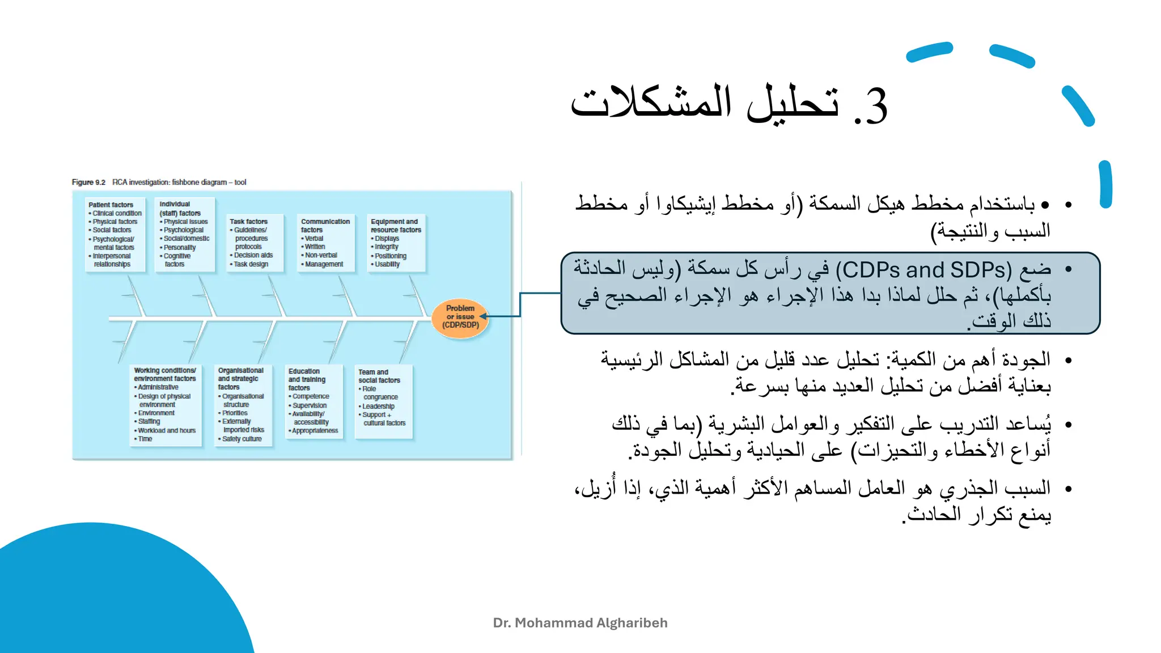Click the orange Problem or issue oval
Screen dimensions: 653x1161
tap(460, 317)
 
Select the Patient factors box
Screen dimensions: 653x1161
tap(115, 235)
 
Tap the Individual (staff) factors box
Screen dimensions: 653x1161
tap(187, 234)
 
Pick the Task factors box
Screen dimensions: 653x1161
tap(255, 243)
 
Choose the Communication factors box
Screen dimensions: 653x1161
tap(325, 243)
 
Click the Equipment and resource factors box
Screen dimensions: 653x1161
tap(396, 243)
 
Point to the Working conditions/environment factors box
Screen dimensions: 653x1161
tap(166, 405)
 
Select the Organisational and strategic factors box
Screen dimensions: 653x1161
tap(244, 405)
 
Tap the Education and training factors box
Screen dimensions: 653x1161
tap(314, 402)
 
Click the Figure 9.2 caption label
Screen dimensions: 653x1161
tap(89, 183)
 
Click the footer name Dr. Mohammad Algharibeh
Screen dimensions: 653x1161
tap(580, 623)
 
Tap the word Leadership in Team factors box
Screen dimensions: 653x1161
tap(379, 406)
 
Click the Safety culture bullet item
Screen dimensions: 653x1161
tap(242, 439)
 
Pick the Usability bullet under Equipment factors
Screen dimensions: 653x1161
tap(387, 264)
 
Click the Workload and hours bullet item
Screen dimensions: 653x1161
tap(167, 431)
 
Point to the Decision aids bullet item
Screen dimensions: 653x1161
tap(253, 256)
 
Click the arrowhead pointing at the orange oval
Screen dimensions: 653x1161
tap(484, 316)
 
